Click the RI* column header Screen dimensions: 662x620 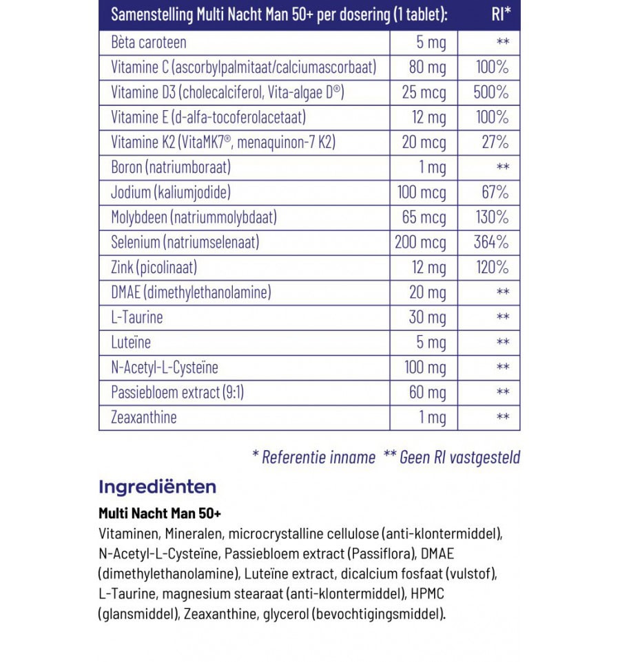[501, 15]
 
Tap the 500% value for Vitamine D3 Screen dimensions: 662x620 [491, 92]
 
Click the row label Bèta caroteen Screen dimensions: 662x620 [149, 43]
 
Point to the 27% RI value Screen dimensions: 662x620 [496, 142]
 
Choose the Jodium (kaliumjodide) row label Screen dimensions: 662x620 [171, 192]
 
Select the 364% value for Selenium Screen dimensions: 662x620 [491, 242]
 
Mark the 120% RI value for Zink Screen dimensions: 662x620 [492, 267]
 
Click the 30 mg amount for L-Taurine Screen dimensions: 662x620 [427, 317]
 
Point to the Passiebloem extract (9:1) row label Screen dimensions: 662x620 [178, 392]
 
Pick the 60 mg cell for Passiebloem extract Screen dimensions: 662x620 [427, 392]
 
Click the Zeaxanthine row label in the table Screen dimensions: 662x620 [144, 417]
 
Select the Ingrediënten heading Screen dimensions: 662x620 [158, 487]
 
